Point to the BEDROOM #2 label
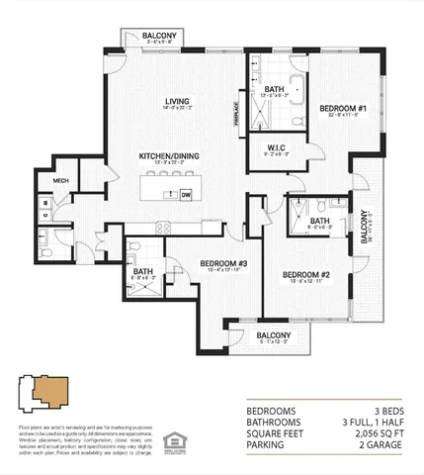tap(304, 274)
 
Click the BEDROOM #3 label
tap(222, 263)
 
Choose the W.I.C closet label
tap(276, 150)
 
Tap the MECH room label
tap(61, 180)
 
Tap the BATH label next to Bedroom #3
tap(143, 272)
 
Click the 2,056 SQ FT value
tap(381, 432)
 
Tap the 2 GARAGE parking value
tap(382, 444)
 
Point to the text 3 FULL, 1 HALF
tap(373, 421)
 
